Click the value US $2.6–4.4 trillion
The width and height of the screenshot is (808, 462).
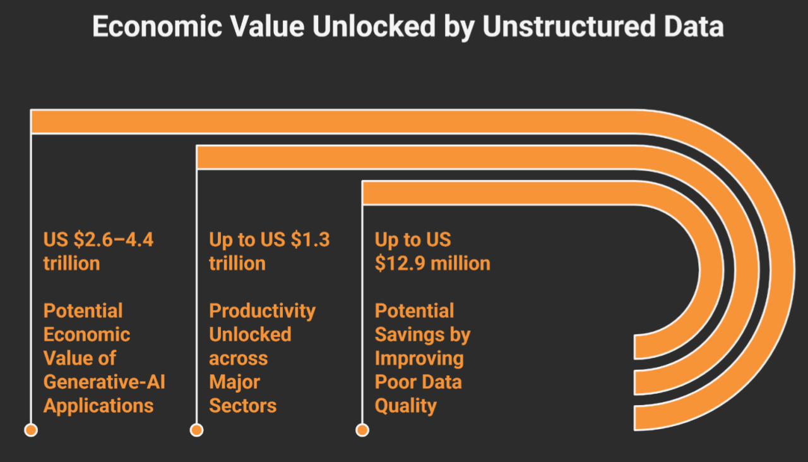(x=98, y=252)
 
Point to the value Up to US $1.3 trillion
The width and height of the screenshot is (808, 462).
(x=269, y=252)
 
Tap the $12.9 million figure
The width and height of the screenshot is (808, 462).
(x=432, y=263)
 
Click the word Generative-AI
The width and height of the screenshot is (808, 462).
(x=104, y=382)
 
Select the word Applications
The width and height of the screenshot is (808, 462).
(x=98, y=406)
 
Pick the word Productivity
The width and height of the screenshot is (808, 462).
(x=262, y=311)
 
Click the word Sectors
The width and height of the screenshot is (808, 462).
(x=242, y=406)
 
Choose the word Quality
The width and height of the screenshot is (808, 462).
(x=405, y=406)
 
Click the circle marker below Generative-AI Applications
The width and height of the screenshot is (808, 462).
(x=31, y=430)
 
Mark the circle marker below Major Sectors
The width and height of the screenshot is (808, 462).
(x=196, y=430)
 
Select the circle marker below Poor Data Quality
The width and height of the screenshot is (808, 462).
(x=362, y=430)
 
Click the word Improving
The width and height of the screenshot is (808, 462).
(x=419, y=358)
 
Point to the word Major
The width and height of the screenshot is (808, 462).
(x=234, y=382)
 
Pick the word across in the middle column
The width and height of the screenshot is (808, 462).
(x=238, y=358)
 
